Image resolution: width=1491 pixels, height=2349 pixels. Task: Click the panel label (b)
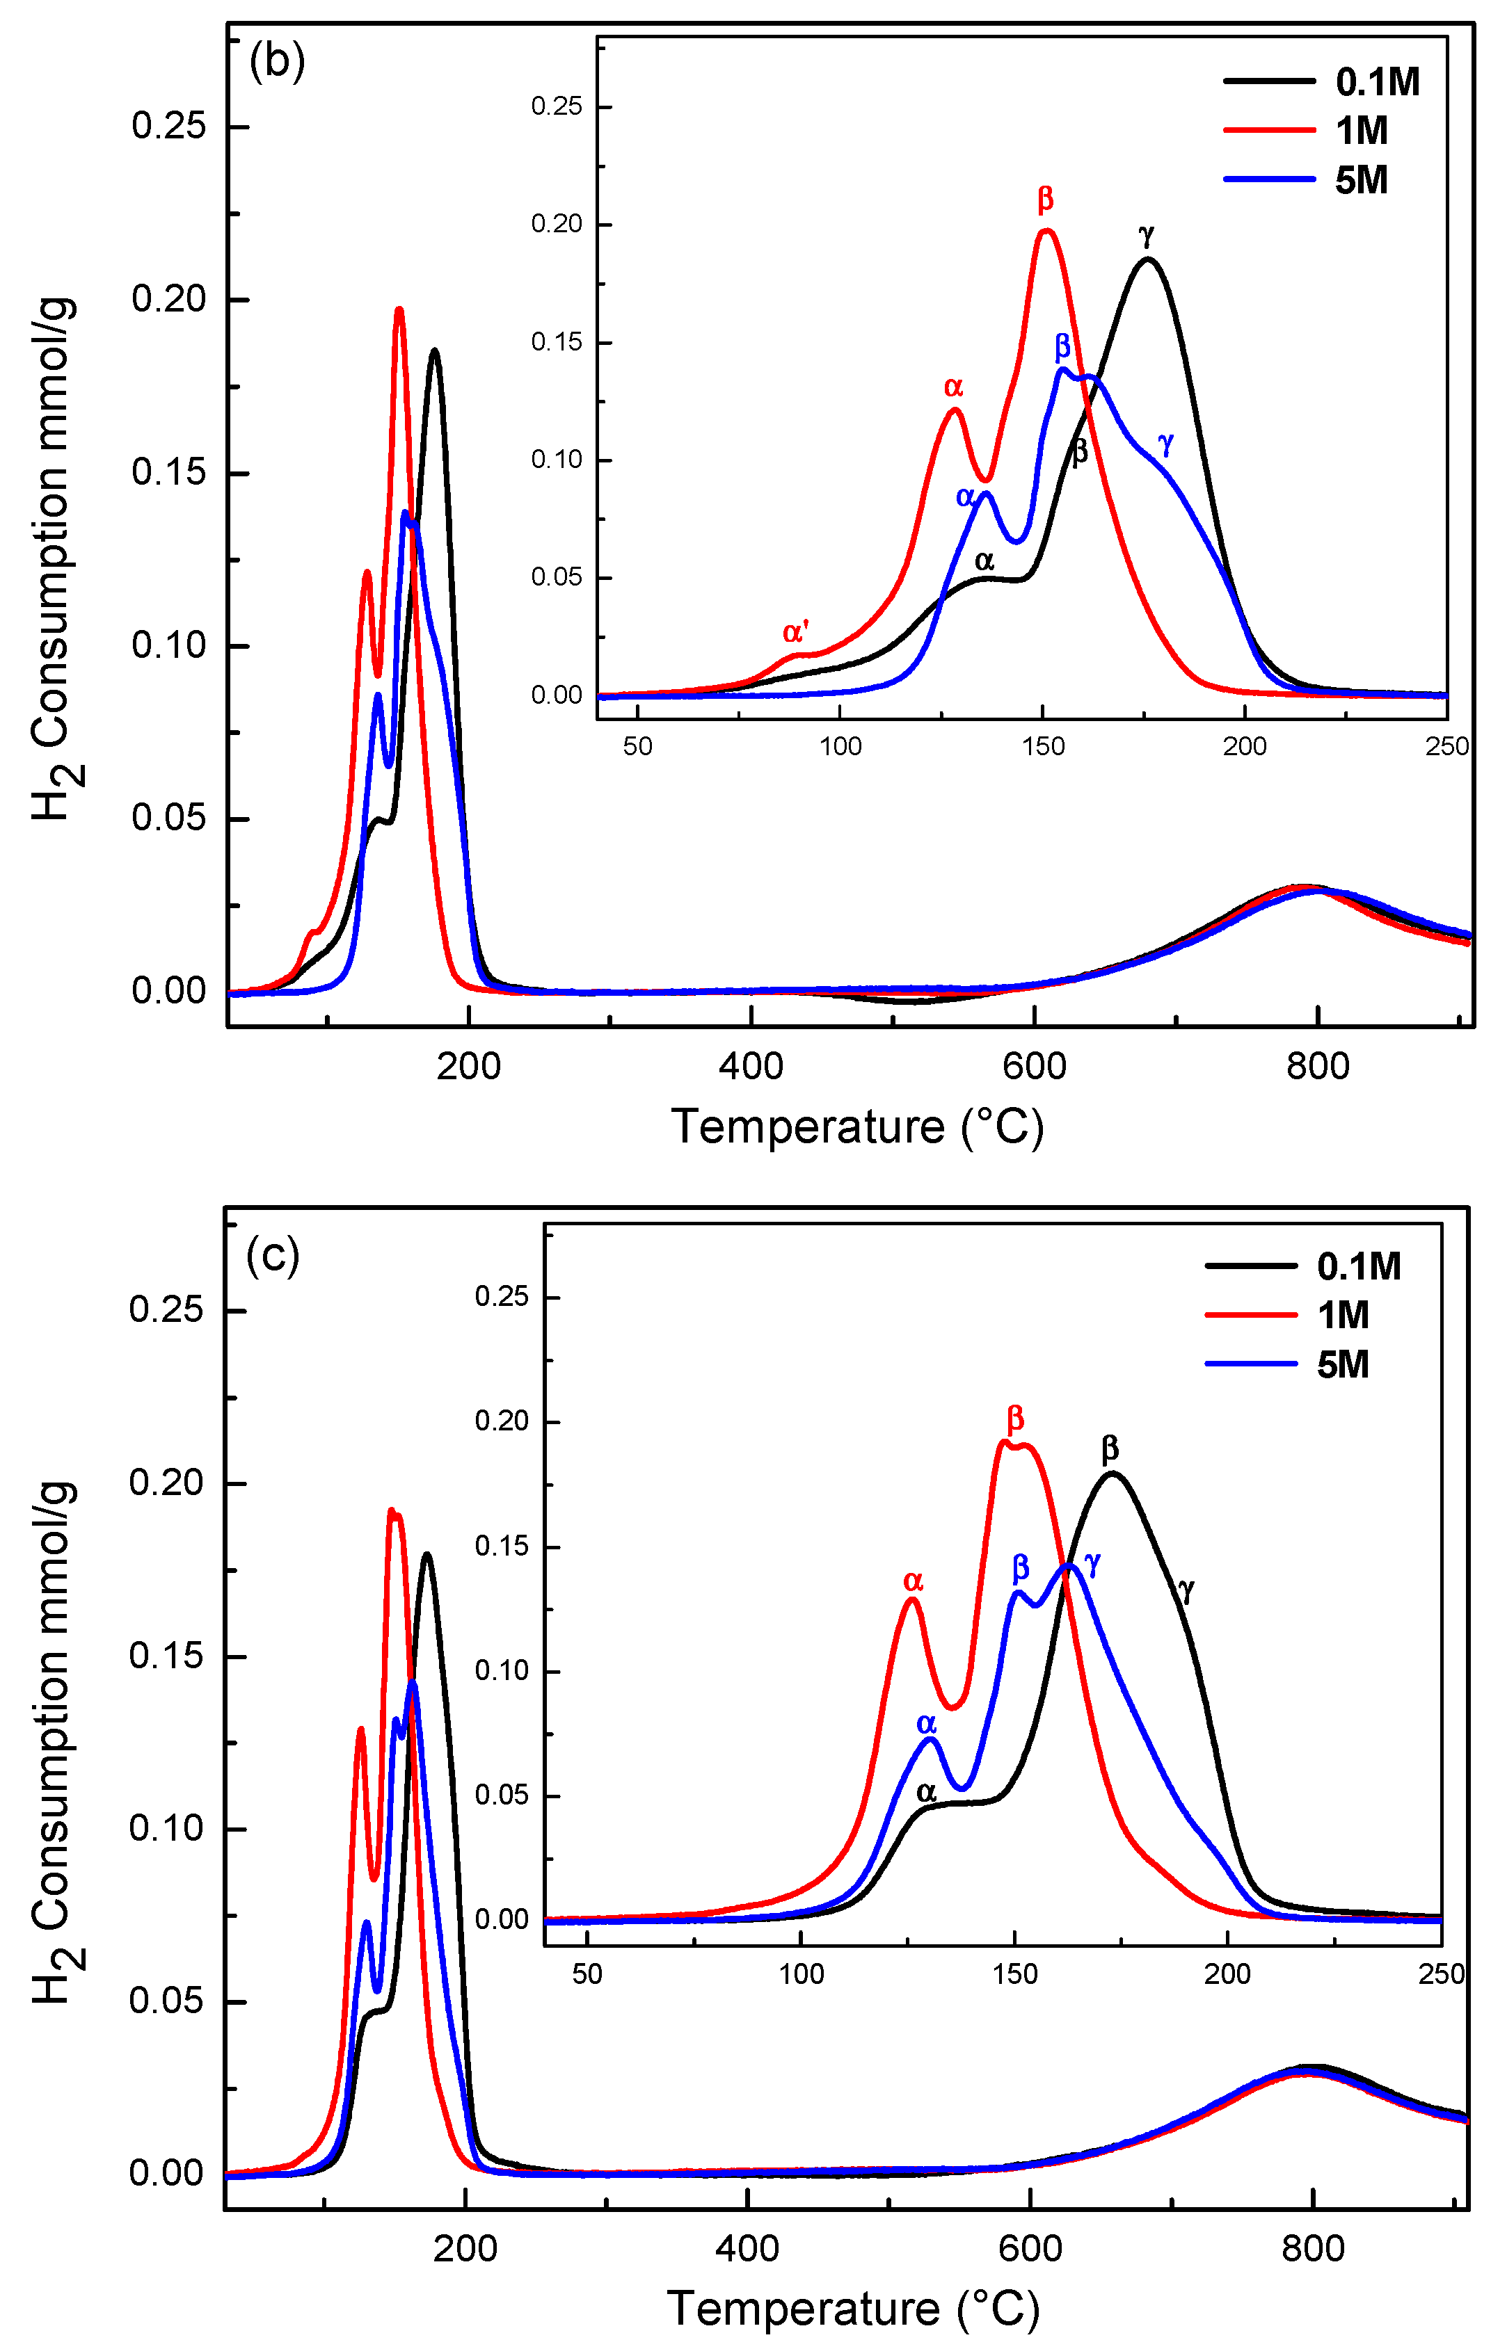click(277, 61)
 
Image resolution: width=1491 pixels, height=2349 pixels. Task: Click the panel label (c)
click(272, 1254)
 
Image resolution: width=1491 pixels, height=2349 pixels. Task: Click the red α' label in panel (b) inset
click(795, 632)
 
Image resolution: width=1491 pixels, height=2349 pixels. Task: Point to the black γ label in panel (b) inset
click(1147, 235)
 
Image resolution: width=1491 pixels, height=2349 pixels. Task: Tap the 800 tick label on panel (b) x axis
click(1317, 1066)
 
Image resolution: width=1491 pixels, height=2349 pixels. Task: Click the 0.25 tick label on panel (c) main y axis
click(166, 1309)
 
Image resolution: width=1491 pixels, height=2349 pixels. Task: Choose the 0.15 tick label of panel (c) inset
click(502, 1546)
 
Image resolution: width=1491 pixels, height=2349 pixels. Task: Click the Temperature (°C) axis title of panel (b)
click(856, 1127)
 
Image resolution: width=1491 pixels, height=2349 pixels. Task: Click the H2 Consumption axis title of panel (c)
click(54, 1742)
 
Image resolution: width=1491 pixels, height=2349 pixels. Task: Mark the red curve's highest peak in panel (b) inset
click(1046, 231)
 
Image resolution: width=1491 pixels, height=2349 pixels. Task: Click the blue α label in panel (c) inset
click(926, 1724)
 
